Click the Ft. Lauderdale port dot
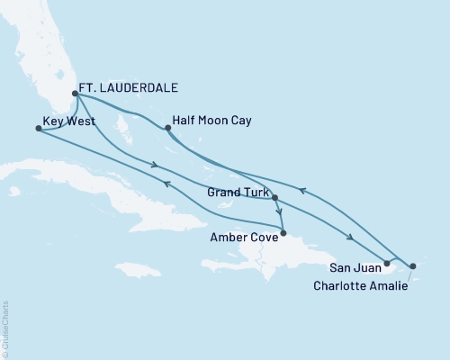click(76, 92)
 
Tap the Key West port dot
click(37, 129)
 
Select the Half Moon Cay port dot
click(167, 129)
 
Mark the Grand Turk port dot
click(274, 198)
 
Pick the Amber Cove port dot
click(283, 233)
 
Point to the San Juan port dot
click(386, 264)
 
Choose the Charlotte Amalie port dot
click(412, 266)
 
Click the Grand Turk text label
click(236, 192)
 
